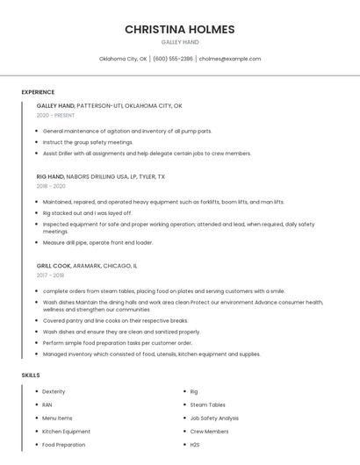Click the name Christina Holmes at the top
[x=180, y=29]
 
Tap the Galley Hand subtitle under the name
[x=180, y=42]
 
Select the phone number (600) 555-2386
[x=173, y=59]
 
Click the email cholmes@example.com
[x=230, y=59]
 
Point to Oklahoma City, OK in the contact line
[x=123, y=59]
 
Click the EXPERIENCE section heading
[x=38, y=92]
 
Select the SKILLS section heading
[x=31, y=375]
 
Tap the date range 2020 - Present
[x=55, y=115]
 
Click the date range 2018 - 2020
[x=51, y=186]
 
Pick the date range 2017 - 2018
[x=50, y=275]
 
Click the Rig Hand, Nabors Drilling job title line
[x=100, y=176]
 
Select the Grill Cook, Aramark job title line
[x=87, y=265]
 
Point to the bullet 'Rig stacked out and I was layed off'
[x=88, y=212]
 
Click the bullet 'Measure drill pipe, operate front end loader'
[x=97, y=242]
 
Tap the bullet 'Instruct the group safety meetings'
[x=88, y=141]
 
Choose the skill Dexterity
[x=54, y=391]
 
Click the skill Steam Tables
[x=207, y=404]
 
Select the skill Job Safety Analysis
[x=214, y=418]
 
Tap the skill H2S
[x=195, y=445]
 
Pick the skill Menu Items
[x=57, y=418]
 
